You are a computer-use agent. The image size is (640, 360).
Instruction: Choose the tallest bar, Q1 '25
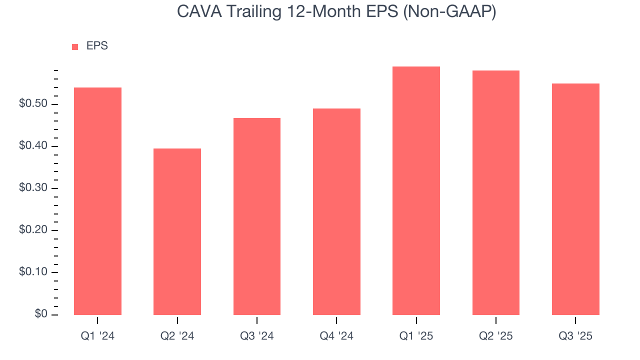416,190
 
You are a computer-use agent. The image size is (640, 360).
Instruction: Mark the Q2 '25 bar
495,192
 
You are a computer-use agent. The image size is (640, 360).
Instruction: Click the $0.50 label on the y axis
33,104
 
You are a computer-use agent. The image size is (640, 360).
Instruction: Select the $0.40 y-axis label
33,146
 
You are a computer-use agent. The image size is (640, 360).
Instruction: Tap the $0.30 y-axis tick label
33,188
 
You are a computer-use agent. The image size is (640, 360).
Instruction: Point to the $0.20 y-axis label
33,230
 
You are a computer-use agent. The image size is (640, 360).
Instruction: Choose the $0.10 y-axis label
33,272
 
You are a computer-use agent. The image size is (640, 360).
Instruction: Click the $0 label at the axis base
41,314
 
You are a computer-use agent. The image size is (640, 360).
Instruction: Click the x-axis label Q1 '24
97,336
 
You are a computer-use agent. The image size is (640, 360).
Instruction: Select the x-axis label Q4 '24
336,336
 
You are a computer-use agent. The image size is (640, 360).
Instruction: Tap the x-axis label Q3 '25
575,336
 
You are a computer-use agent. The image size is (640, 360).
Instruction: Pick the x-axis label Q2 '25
495,336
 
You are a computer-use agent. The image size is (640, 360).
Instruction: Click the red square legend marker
75,47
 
